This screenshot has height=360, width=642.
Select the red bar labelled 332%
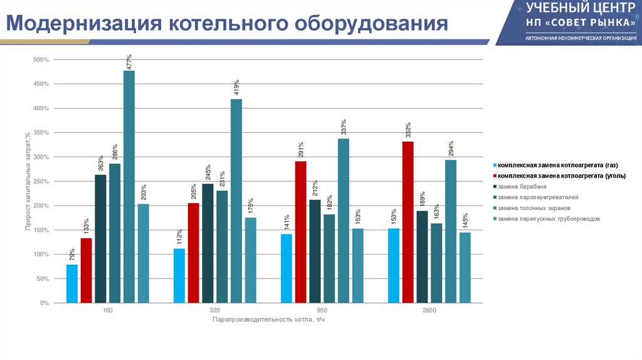coord(408,222)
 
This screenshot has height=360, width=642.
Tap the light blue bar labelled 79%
coord(72,283)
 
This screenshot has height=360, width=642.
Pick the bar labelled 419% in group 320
coord(236,201)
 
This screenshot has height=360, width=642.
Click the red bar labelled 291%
coord(301,232)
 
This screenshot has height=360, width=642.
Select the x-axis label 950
coord(322,310)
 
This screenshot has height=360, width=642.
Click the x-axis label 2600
coord(429,310)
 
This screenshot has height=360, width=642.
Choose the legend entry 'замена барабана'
coord(522,187)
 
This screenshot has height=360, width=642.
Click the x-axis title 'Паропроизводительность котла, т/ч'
coord(268,320)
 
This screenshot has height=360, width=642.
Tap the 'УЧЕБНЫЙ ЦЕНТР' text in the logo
coord(576,8)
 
